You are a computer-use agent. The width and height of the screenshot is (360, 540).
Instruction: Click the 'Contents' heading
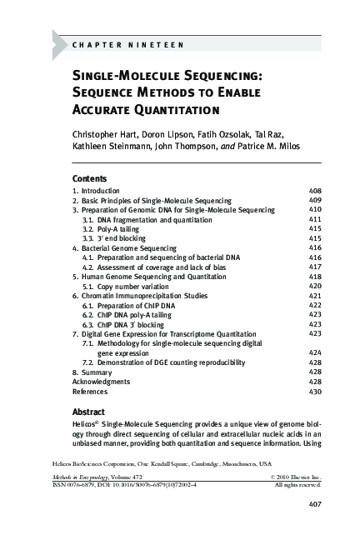coord(89,178)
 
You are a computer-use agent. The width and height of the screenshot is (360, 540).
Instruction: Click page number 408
coord(315,191)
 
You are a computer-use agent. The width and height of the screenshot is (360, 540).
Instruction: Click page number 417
coord(315,267)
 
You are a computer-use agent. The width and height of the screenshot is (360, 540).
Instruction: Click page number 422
coord(315,306)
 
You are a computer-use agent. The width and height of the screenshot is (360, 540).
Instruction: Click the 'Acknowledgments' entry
coord(101,382)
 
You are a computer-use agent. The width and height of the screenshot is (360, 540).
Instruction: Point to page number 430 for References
coord(315,392)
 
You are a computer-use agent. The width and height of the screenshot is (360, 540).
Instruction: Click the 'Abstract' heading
coord(88,412)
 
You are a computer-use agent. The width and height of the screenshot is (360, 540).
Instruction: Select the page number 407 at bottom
coord(315,504)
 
